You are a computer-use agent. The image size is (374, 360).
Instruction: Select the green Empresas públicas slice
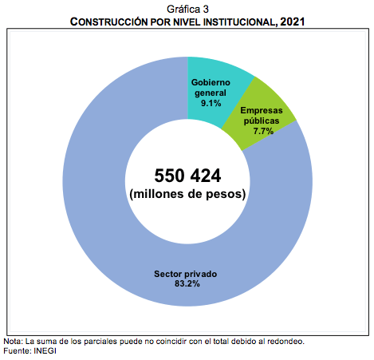(271, 104)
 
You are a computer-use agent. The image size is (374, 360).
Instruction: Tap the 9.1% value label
(211, 103)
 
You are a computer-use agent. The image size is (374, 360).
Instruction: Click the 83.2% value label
(187, 283)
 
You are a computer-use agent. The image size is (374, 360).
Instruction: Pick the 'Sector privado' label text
(186, 274)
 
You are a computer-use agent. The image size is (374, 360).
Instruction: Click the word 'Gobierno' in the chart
(211, 82)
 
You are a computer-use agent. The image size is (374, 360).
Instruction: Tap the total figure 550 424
(187, 175)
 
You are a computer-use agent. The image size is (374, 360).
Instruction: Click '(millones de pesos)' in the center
(187, 194)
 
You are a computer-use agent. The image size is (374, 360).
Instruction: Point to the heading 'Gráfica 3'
(187, 7)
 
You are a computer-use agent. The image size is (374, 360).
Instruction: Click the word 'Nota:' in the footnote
(14, 341)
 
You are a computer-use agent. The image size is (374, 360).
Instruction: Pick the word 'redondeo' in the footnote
(286, 341)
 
